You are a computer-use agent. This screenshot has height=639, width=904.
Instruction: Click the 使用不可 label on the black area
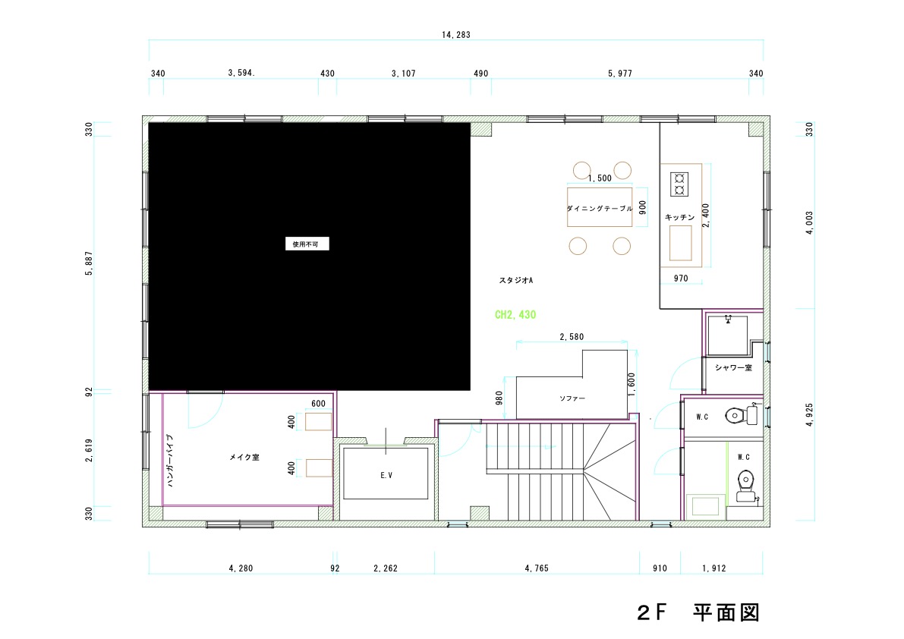pos(306,244)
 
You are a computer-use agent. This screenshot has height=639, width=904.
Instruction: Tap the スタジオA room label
pos(516,281)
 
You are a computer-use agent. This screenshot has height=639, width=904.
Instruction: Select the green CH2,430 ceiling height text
pos(515,315)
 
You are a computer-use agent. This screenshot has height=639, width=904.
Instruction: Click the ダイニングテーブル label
pos(600,209)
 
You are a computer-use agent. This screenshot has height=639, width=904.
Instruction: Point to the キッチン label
pos(680,217)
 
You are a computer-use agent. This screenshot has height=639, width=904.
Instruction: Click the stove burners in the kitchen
pos(679,184)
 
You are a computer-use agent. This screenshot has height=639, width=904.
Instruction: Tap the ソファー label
pos(572,398)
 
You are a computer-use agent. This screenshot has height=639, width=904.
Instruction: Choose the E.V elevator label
pos(386,475)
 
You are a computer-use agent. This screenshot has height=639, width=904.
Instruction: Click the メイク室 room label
pos(244,457)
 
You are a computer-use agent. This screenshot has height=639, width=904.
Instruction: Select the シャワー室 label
pos(733,367)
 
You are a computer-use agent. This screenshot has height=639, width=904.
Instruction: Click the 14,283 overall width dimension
pos(456,35)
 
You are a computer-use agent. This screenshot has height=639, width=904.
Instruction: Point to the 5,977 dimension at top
pos(620,73)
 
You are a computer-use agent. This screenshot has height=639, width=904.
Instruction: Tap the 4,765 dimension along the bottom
pos(537,568)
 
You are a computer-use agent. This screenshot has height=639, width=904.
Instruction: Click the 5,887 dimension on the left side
pos(89,263)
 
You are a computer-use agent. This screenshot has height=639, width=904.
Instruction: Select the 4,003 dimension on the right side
pos(809,223)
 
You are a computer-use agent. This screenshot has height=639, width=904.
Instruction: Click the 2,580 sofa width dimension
pos(572,336)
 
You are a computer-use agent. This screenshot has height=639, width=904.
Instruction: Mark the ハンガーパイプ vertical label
pos(170,461)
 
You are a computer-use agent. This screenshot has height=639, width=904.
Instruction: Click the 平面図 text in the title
pos(726,612)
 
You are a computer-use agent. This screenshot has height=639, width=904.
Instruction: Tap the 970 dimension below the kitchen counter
pos(681,279)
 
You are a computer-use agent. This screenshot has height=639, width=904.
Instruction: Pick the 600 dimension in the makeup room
pos(318,403)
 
